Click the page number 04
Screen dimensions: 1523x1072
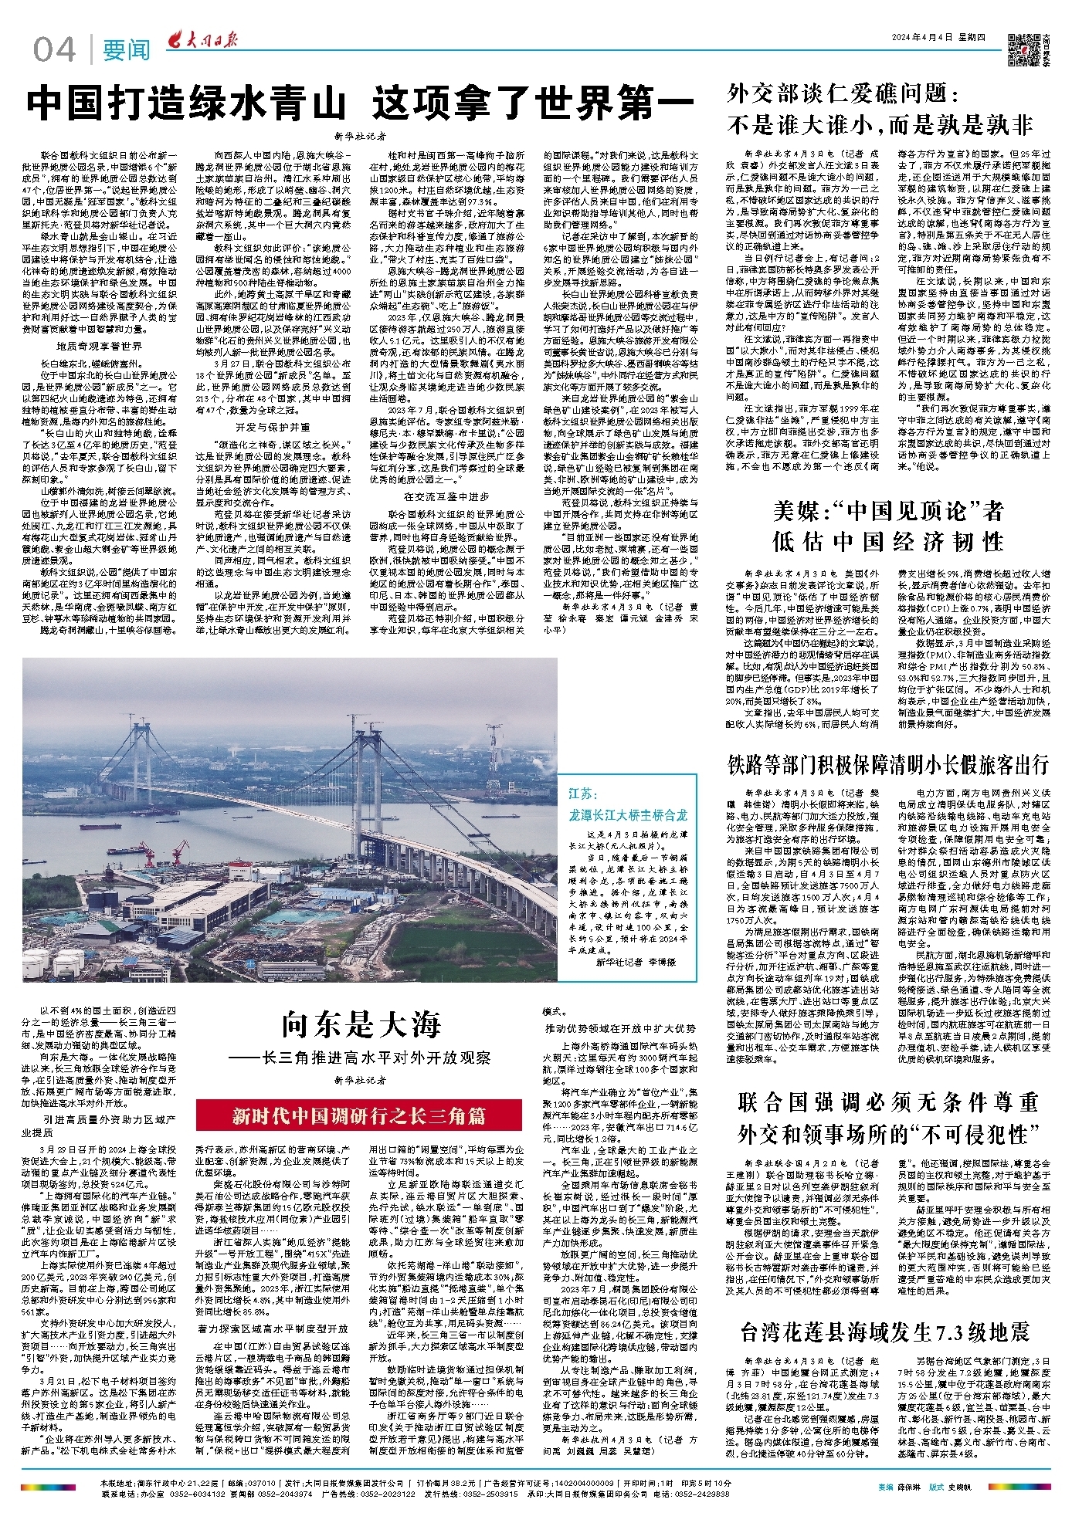[x=54, y=50]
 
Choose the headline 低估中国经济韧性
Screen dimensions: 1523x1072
[x=887, y=541]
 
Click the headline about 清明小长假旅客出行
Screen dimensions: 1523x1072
[x=888, y=765]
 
